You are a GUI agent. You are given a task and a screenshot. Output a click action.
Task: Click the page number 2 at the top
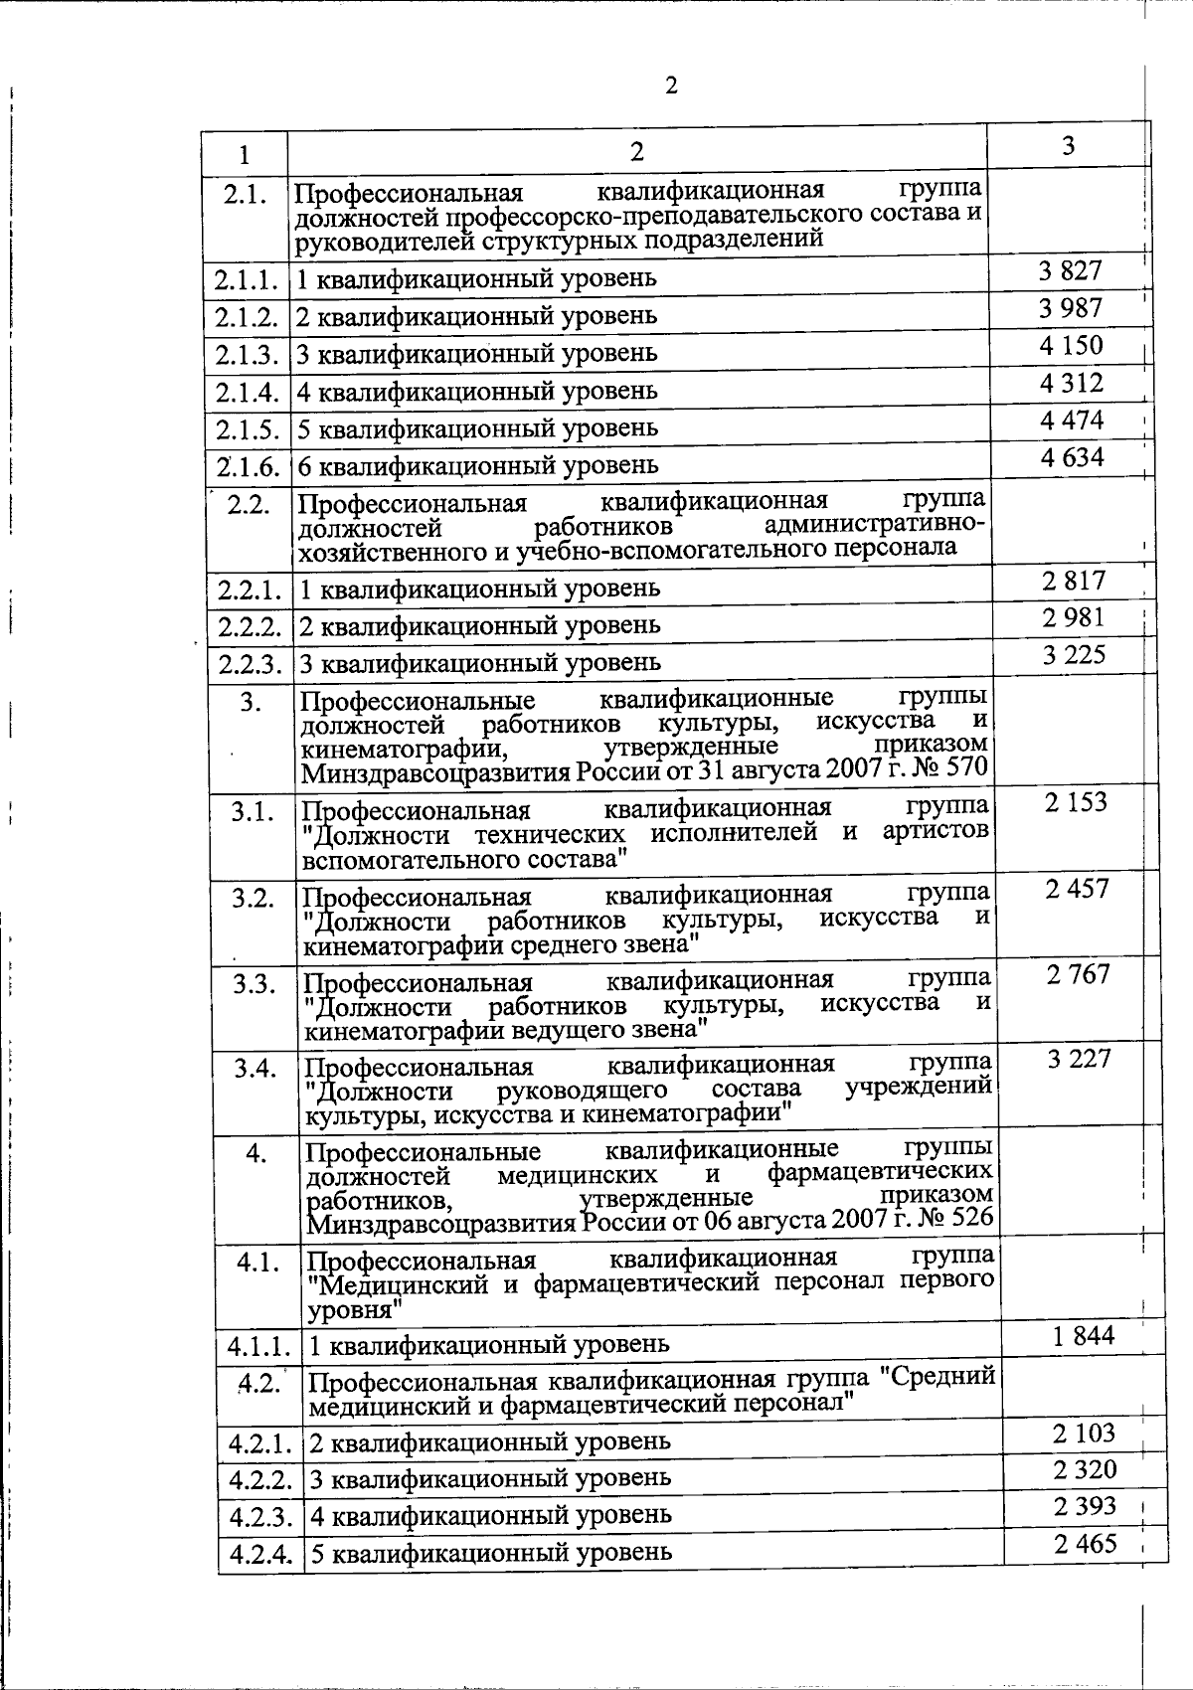tap(671, 86)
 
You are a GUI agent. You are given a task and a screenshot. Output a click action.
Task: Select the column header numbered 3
tap(1068, 146)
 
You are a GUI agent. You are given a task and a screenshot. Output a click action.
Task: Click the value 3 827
tap(1071, 270)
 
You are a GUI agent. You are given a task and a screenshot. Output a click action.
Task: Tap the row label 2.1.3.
tap(245, 354)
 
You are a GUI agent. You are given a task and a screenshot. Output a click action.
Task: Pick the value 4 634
tap(1072, 457)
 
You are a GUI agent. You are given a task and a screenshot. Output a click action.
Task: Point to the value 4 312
tap(1072, 383)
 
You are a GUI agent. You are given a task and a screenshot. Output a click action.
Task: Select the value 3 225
tap(1074, 655)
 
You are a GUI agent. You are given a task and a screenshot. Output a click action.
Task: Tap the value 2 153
tap(1076, 802)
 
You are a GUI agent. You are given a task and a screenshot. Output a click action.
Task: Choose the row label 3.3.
tap(254, 984)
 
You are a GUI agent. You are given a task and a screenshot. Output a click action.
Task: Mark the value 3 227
tap(1079, 1059)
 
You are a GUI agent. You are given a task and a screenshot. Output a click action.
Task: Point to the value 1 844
tap(1084, 1336)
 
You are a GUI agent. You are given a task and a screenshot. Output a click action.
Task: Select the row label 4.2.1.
tap(259, 1441)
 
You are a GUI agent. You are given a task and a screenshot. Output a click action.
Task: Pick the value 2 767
tap(1078, 974)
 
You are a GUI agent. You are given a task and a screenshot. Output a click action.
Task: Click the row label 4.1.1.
tap(258, 1347)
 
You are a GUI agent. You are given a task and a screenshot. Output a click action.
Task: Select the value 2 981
tap(1074, 618)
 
